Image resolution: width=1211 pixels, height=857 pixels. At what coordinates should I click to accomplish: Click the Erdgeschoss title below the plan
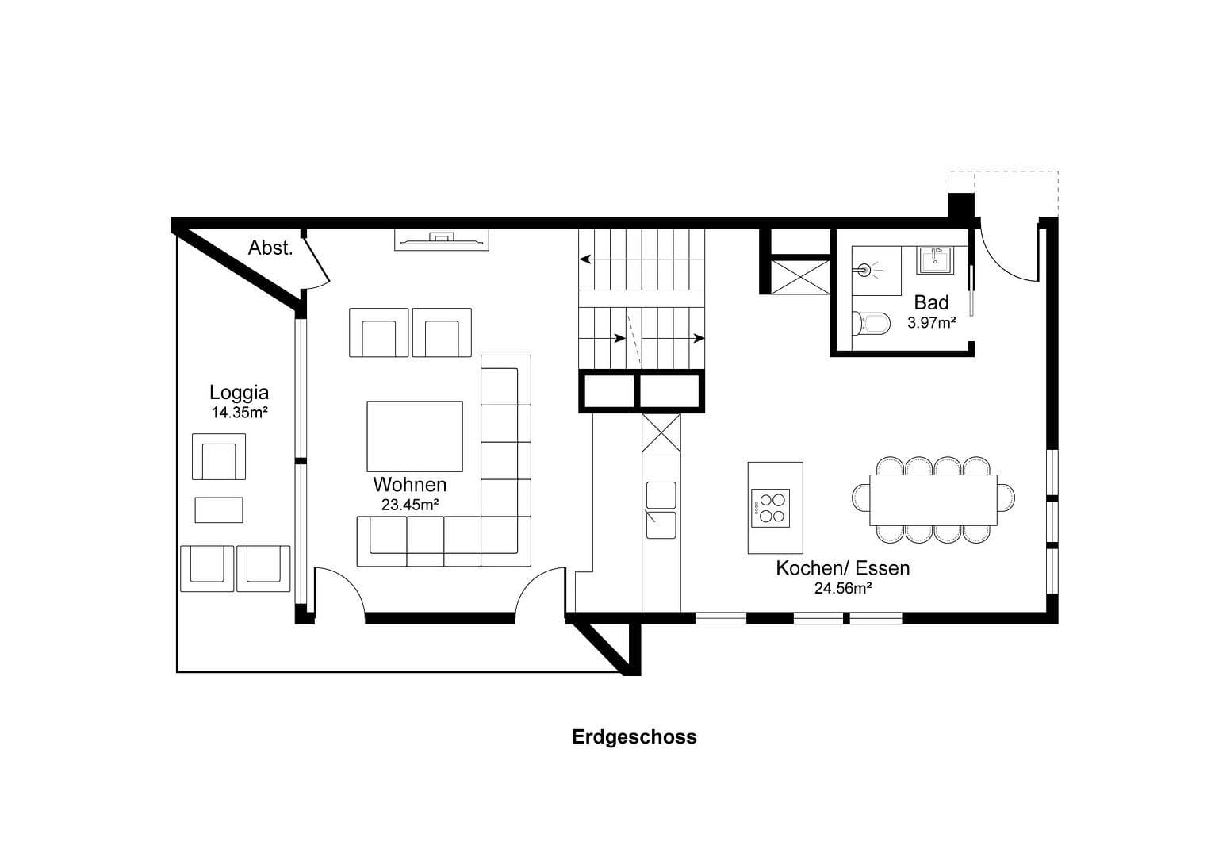(634, 736)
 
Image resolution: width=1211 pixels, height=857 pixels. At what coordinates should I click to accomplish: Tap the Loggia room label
(239, 392)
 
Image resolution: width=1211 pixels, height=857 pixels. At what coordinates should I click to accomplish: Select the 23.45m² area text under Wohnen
(410, 504)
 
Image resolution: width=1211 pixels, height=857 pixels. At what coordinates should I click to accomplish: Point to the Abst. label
(270, 248)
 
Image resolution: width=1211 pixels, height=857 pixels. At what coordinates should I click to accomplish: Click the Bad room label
(931, 302)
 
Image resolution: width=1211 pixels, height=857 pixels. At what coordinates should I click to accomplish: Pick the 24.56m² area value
(842, 588)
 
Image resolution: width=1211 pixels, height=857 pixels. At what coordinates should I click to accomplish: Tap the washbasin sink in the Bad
(936, 259)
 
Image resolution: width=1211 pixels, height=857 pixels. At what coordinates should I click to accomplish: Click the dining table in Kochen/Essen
(933, 499)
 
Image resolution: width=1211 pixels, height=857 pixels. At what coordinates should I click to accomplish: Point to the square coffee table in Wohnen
(414, 436)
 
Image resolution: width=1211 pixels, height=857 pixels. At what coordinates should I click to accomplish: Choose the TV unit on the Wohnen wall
(441, 240)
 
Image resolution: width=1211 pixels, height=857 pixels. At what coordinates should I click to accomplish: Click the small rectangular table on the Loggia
(219, 509)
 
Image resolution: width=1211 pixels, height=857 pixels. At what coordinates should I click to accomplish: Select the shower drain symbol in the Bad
(864, 270)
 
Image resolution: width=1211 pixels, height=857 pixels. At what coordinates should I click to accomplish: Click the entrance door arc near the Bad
(1006, 258)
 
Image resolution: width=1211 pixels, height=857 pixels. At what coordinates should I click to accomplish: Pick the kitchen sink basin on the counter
(661, 525)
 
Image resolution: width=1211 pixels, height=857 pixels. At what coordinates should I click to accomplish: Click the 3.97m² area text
(931, 323)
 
